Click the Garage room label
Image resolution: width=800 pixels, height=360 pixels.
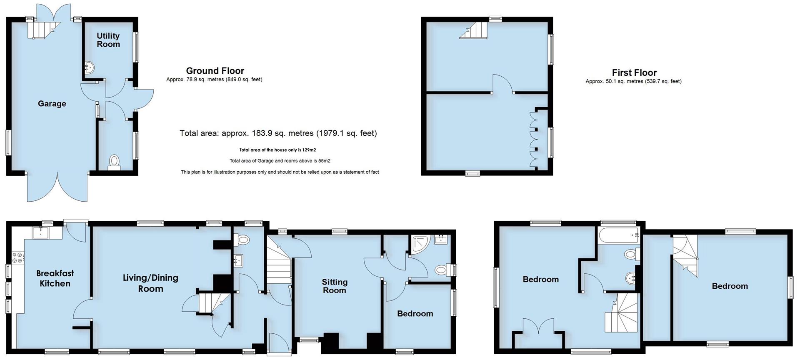click(x=52, y=104)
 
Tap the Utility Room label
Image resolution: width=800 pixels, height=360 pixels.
click(x=108, y=40)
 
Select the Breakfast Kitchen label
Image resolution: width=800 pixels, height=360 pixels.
click(x=55, y=278)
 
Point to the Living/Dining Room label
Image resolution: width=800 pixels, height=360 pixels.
click(x=150, y=283)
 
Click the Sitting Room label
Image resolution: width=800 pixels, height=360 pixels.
click(x=335, y=286)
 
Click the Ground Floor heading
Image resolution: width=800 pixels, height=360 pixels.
click(x=215, y=71)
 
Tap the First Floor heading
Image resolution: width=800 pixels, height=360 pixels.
click(x=634, y=73)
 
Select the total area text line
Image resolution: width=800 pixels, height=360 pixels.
click(x=278, y=133)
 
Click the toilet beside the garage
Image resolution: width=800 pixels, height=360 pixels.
click(x=114, y=162)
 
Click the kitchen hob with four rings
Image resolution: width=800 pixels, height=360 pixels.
click(x=18, y=257)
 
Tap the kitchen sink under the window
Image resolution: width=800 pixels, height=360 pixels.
click(x=41, y=232)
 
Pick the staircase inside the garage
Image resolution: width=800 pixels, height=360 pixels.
click(x=41, y=30)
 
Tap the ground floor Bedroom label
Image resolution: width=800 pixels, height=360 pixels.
click(x=415, y=314)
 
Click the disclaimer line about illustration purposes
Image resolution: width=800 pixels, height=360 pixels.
click(x=280, y=172)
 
